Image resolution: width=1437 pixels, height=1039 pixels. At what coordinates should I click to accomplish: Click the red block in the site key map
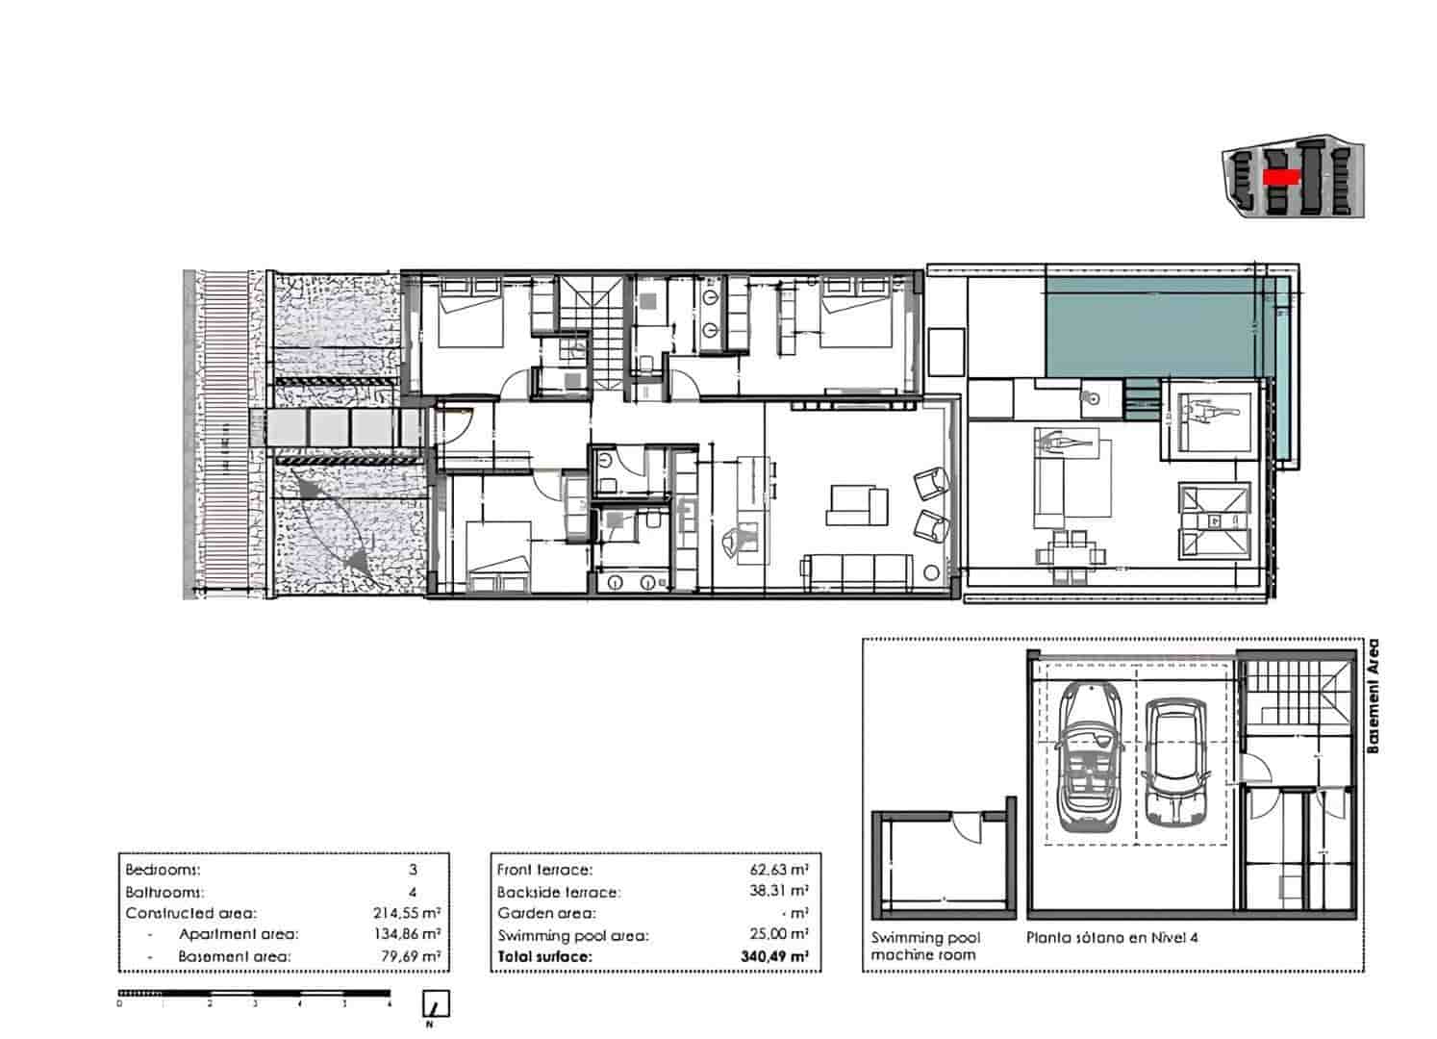[x=1281, y=177]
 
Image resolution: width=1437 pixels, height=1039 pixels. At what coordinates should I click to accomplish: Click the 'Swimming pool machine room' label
[x=923, y=947]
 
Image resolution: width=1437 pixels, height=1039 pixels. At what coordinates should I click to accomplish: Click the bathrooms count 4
[x=413, y=892]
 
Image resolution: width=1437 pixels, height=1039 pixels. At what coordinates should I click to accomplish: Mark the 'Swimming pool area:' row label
[x=573, y=935]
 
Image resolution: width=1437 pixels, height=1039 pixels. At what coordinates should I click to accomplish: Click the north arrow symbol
[x=437, y=1005]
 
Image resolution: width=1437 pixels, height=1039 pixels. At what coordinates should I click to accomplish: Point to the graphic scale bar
[x=255, y=993]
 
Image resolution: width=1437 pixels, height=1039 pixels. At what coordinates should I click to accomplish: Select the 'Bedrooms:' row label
[x=164, y=870]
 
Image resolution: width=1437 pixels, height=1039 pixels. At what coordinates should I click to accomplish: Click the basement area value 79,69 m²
[x=406, y=957]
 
